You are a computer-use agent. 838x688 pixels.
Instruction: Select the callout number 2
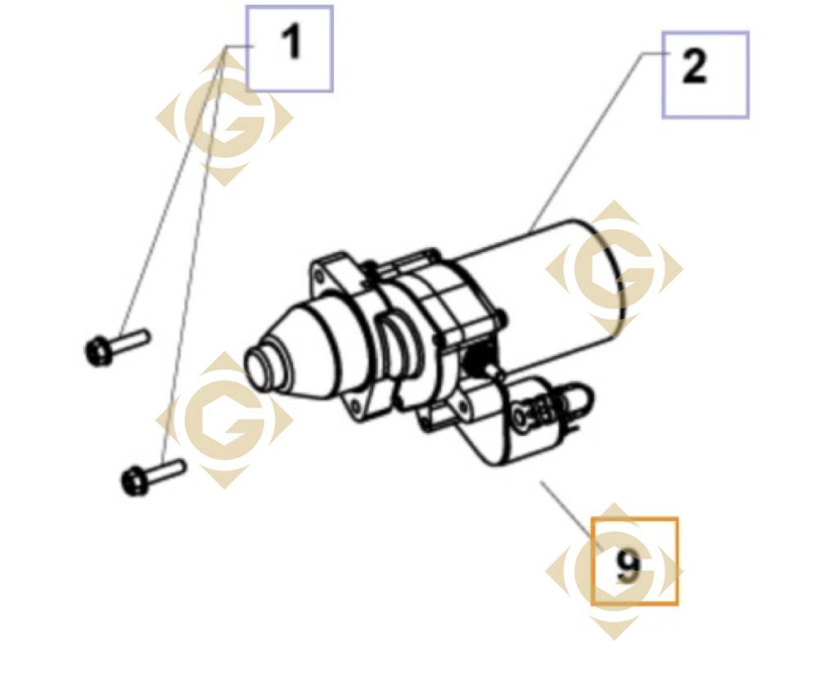pos(694,67)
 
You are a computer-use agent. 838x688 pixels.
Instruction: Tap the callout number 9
pos(628,566)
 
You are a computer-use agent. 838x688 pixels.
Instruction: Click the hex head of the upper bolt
pos(98,352)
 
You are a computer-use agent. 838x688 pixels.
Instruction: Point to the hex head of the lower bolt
pos(133,481)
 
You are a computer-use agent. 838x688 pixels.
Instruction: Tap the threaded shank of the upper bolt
pos(130,341)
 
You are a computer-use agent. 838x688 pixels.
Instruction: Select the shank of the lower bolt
pos(165,470)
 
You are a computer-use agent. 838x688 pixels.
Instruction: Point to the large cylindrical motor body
pos(540,289)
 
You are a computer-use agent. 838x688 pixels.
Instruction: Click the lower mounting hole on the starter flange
pos(355,405)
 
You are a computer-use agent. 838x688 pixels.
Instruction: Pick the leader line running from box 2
pos(597,142)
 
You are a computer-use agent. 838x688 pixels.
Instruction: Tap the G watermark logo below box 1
pos(224,118)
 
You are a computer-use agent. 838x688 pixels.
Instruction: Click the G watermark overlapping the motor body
pos(614,268)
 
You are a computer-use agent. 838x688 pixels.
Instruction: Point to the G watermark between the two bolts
pos(224,420)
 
